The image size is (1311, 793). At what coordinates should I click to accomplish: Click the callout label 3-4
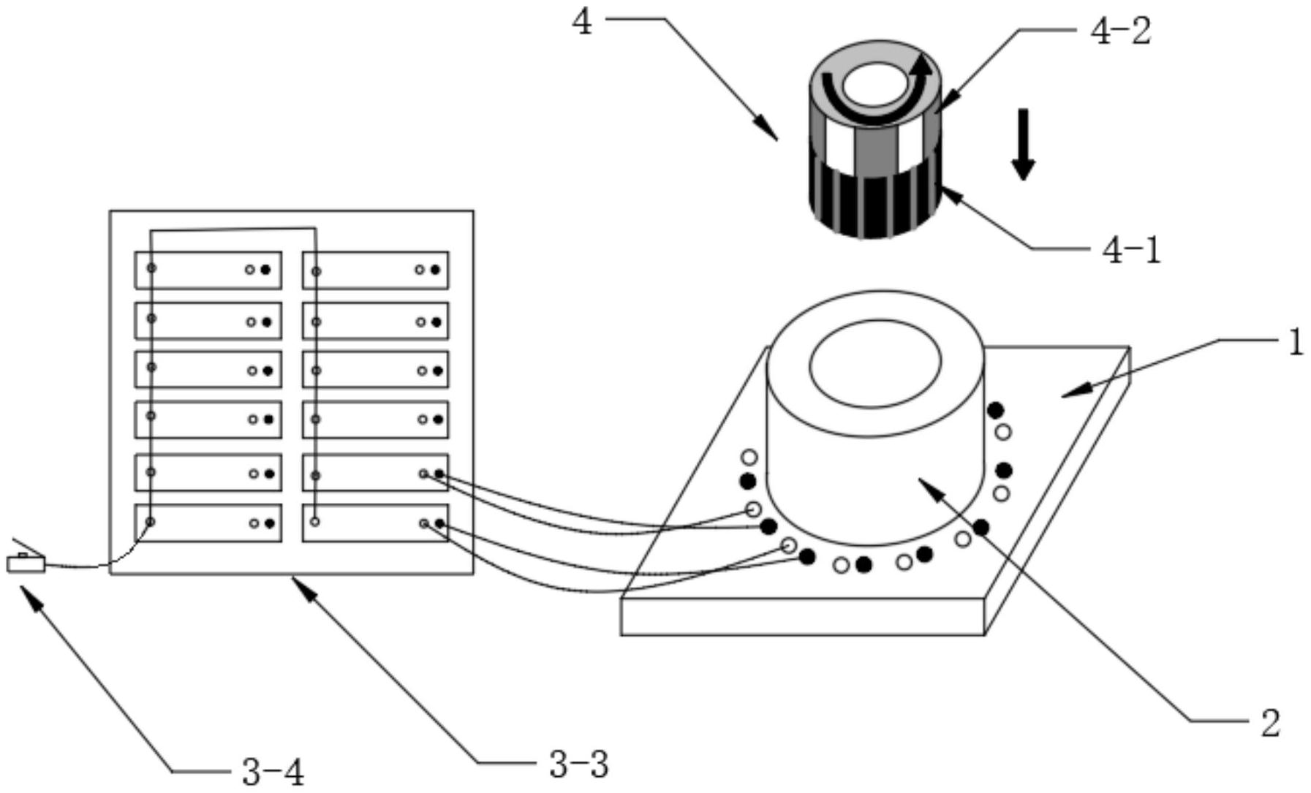[x=272, y=771]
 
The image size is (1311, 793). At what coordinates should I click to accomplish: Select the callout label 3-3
[x=578, y=765]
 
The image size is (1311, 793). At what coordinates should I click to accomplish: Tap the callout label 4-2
[x=1121, y=31]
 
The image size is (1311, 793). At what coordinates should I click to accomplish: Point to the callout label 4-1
[x=1130, y=251]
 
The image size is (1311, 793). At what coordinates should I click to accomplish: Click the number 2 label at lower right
[x=1271, y=723]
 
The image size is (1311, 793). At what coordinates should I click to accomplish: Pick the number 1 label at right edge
[x=1296, y=342]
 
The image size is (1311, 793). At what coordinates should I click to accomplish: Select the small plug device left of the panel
[x=26, y=564]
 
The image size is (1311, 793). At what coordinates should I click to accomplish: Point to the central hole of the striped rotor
[x=874, y=83]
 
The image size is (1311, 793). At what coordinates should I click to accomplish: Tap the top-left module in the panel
[x=208, y=270]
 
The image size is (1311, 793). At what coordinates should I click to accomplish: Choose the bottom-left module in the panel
[x=208, y=523]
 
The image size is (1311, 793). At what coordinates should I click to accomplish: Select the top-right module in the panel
[x=375, y=270]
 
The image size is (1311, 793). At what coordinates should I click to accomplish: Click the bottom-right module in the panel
[x=375, y=523]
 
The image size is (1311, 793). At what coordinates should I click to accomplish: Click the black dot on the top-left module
[x=265, y=270]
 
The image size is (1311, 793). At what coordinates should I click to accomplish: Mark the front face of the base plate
[x=802, y=617]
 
